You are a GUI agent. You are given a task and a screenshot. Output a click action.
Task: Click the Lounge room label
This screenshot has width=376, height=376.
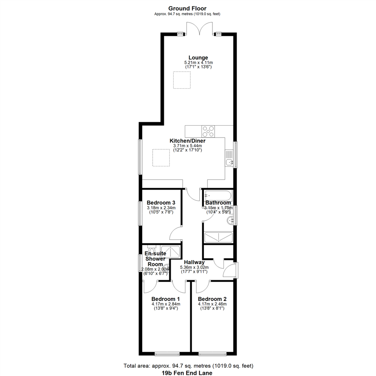tap(198, 57)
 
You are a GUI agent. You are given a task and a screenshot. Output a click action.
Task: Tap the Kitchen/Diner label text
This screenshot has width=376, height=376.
tap(188, 141)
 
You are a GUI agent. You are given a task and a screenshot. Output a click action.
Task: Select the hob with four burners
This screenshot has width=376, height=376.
tap(208, 131)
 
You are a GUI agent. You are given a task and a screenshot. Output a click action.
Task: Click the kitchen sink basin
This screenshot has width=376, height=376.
tap(229, 162)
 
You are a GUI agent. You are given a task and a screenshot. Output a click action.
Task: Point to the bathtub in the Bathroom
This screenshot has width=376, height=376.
tap(218, 196)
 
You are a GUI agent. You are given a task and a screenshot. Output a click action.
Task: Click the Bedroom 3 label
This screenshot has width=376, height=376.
tap(161, 203)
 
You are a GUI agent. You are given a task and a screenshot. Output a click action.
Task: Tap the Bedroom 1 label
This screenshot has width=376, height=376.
tap(165, 299)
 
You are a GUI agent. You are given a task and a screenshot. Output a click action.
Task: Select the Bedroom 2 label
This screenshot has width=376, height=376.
tap(212, 299)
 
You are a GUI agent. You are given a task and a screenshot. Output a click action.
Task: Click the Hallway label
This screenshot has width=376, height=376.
tap(194, 263)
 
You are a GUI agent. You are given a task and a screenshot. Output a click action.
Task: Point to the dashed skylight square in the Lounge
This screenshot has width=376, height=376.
tap(182, 80)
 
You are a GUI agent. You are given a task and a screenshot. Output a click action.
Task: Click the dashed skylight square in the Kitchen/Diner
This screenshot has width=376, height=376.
tap(161, 158)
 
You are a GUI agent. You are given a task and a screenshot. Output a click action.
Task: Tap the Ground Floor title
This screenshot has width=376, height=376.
tap(187, 9)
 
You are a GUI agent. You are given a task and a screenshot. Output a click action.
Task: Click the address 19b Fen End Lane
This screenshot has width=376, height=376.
tap(187, 373)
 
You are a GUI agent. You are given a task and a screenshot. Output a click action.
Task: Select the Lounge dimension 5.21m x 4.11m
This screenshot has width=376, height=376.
tap(198, 63)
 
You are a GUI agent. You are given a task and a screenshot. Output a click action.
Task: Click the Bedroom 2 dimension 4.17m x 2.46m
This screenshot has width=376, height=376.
tap(212, 304)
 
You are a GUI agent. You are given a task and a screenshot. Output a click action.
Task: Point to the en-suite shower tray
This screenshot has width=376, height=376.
tap(171, 252)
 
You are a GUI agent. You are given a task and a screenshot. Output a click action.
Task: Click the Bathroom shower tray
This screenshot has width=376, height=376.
tap(218, 237)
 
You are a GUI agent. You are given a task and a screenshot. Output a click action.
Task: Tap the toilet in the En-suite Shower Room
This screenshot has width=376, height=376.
tap(151, 249)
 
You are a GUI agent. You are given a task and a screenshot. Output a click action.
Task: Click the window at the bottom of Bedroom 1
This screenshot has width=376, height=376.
tap(167, 354)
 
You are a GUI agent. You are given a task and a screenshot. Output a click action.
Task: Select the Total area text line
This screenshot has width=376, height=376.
tap(188, 366)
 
